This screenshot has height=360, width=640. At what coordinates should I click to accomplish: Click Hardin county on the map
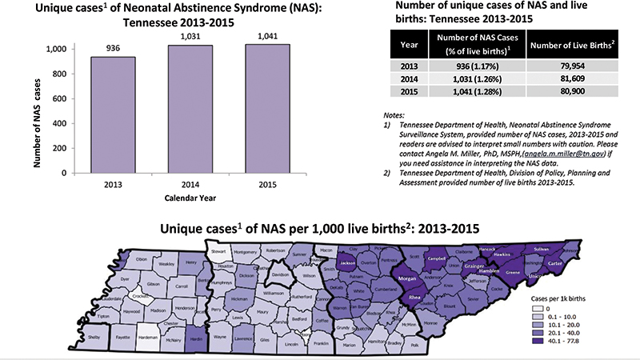[x=196, y=337]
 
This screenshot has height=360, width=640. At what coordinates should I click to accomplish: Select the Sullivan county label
[x=542, y=250]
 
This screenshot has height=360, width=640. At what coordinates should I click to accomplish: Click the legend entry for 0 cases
[x=541, y=308]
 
